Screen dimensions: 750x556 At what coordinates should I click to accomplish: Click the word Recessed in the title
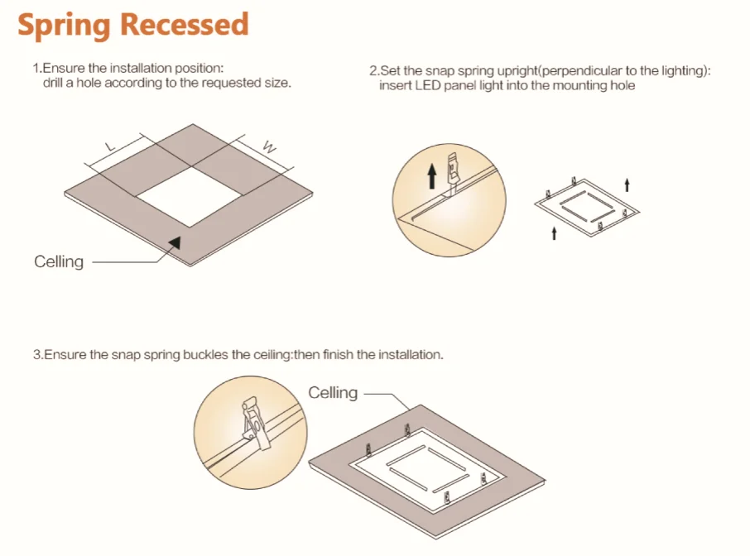tap(185, 24)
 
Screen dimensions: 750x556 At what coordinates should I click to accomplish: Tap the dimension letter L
tap(110, 146)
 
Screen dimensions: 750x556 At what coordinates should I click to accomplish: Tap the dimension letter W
tap(269, 146)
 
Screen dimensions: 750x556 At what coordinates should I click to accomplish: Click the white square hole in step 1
tap(189, 196)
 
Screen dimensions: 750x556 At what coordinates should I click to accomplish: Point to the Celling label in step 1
tap(59, 261)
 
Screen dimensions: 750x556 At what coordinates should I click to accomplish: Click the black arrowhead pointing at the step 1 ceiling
tap(175, 242)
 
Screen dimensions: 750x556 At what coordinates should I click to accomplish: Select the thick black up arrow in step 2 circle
tap(432, 175)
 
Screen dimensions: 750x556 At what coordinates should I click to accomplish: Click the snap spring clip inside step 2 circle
tap(453, 172)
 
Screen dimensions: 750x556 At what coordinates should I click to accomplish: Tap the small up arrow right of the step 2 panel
tap(627, 185)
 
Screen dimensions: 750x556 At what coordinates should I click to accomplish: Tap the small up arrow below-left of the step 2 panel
tap(554, 233)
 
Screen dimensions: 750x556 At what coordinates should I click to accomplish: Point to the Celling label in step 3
tap(333, 392)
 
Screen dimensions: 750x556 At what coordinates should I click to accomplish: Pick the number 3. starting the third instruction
tap(38, 355)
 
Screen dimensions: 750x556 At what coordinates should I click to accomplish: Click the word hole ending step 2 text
tap(623, 85)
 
